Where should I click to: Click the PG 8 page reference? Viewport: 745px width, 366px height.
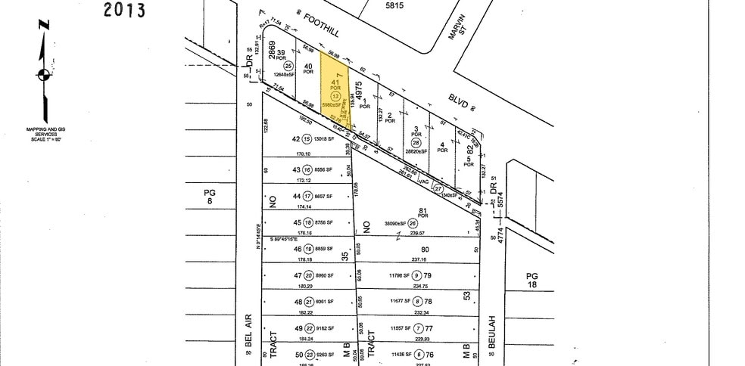[x=210, y=197]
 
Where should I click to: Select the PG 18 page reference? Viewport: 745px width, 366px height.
[x=532, y=281]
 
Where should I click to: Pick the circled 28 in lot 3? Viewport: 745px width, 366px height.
[x=416, y=143]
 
